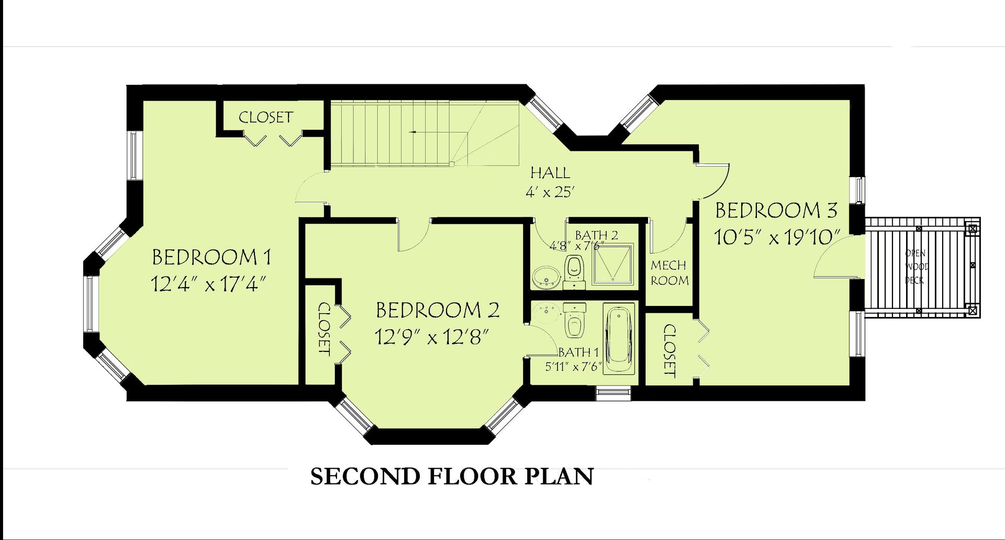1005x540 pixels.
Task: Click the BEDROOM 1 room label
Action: click(x=211, y=257)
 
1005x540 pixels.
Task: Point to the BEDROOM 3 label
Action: click(x=776, y=211)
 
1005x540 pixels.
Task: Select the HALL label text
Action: click(x=550, y=172)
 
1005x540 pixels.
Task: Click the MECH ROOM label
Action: click(x=669, y=273)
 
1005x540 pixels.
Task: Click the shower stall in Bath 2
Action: click(x=612, y=264)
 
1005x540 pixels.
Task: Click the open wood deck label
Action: click(x=916, y=267)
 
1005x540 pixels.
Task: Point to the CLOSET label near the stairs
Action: click(x=266, y=117)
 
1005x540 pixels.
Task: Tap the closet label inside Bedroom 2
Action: click(x=324, y=328)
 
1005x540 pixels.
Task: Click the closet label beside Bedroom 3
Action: click(x=669, y=350)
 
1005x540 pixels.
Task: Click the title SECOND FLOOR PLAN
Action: click(x=452, y=477)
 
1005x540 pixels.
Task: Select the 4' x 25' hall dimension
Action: click(x=550, y=192)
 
